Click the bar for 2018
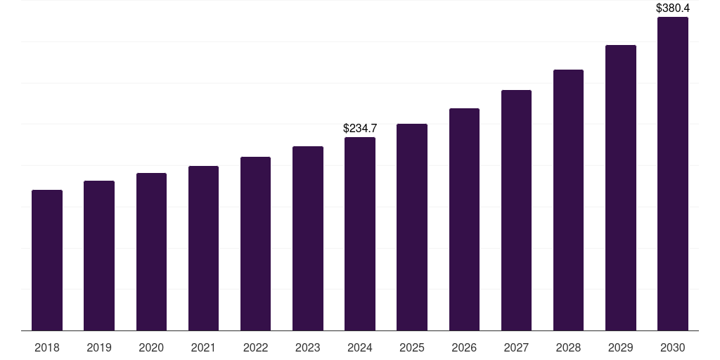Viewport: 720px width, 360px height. [47, 260]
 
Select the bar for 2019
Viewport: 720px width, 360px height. [99, 255]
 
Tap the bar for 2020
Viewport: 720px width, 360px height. [151, 252]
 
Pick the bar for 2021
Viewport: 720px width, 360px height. [203, 248]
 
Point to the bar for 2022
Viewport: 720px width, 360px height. [255, 243]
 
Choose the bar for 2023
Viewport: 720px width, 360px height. [308, 238]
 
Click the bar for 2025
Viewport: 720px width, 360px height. [412, 227]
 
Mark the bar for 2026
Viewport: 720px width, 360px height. [464, 219]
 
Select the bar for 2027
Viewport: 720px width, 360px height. [516, 210]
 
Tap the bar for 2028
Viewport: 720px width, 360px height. [568, 200]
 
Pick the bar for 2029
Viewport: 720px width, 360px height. [621, 188]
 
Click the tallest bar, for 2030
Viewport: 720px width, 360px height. [673, 174]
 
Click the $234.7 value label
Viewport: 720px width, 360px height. [360, 128]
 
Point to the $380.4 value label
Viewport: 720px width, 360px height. [673, 8]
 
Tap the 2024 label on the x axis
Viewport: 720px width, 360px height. [360, 347]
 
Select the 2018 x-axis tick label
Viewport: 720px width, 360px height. [47, 347]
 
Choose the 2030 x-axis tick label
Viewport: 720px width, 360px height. [673, 347]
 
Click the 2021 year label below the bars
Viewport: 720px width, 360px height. [203, 347]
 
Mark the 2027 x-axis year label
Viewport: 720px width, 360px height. [516, 347]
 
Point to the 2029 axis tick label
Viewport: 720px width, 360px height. [621, 347]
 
